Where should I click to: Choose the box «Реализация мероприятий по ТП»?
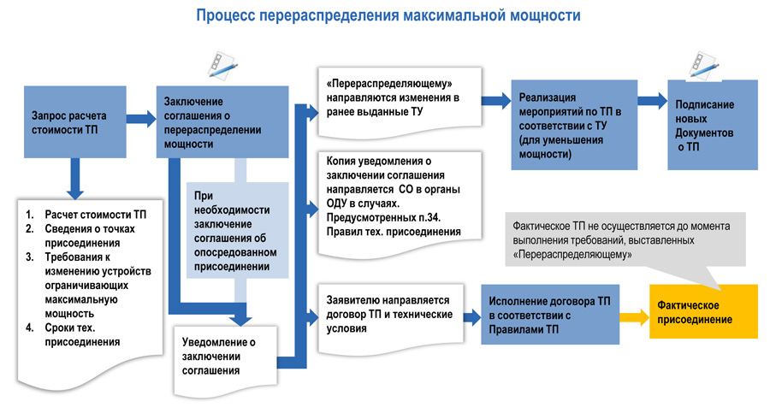click(574, 125)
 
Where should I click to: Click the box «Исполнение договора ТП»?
click(549, 315)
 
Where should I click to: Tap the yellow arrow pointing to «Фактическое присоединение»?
click(633, 315)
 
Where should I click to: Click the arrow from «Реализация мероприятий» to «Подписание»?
click(653, 101)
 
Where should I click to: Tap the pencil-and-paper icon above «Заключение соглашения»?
click(221, 66)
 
